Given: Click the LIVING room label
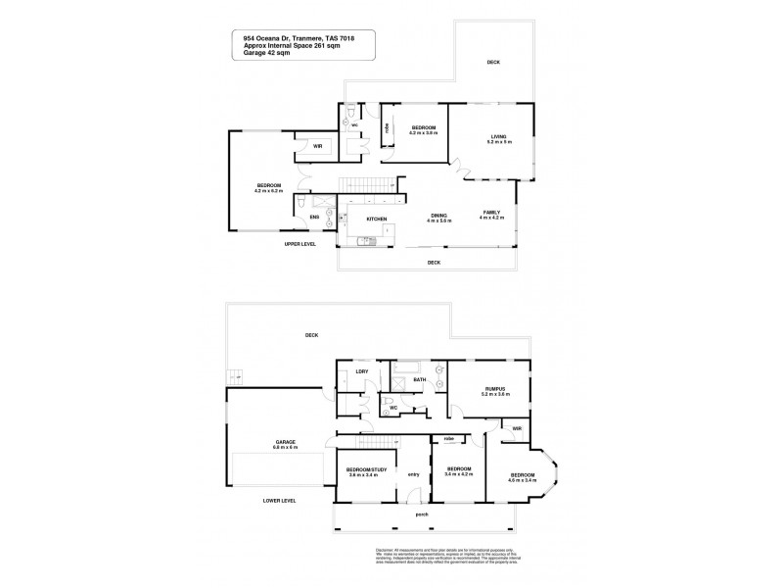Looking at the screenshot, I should [500, 136].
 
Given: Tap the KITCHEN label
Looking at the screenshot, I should [377, 219].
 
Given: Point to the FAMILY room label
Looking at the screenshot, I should [490, 213].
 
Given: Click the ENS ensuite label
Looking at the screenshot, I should [315, 218].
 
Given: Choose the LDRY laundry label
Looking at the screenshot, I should [361, 371].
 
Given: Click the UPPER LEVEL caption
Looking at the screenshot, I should [299, 243].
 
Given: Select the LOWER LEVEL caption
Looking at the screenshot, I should [280, 500].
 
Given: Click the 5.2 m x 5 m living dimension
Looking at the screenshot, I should [500, 143].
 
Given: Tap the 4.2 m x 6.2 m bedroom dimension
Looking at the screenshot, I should [268, 191].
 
